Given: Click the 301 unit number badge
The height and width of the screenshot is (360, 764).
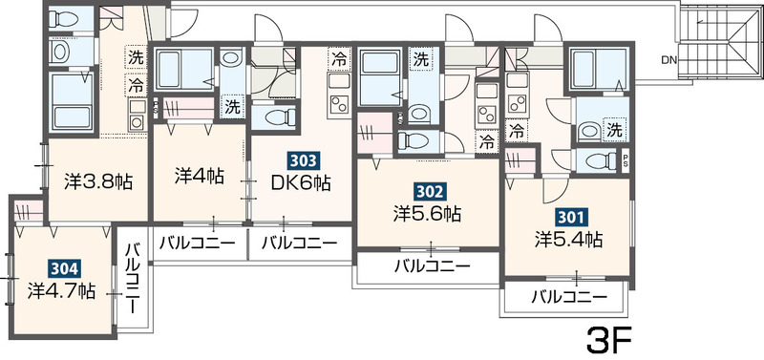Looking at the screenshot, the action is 569,218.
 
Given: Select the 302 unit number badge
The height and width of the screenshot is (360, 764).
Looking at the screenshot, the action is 428,192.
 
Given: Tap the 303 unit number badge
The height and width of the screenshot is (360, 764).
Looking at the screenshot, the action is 301,160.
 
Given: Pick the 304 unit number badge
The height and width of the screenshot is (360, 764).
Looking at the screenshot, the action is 63,269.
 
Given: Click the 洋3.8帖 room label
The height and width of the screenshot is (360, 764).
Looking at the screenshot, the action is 98,181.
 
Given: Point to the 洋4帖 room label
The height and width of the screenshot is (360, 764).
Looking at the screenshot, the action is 200,176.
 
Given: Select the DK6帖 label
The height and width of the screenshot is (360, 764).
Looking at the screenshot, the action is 301,183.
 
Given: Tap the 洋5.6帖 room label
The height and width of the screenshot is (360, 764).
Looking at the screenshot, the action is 427,213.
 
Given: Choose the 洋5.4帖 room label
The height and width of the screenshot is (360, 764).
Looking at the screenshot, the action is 568,239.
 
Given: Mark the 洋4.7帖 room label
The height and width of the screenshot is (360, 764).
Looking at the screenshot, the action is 61,291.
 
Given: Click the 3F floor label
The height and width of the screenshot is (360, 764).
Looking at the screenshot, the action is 609,340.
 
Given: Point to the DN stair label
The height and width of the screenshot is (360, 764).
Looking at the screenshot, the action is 668,60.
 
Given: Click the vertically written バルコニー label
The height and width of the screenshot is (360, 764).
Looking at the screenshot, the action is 132,278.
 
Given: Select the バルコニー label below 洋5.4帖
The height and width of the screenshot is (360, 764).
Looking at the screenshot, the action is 569,296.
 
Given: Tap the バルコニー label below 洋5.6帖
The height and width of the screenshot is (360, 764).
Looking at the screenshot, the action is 433,266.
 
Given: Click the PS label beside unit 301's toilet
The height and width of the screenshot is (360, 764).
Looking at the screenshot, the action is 626,159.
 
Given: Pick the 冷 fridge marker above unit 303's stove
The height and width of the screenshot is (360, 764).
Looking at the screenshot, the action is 339,60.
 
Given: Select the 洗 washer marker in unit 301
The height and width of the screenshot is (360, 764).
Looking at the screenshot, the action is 615,130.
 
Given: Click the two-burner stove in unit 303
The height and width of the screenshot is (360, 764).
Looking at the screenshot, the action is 339,104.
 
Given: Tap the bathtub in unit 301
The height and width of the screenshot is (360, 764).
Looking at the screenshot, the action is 599,68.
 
